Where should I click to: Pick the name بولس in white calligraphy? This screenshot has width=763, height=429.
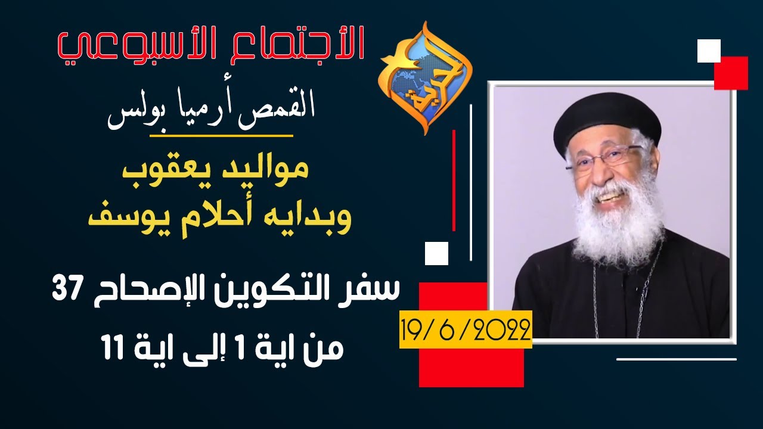(x=133, y=116)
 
